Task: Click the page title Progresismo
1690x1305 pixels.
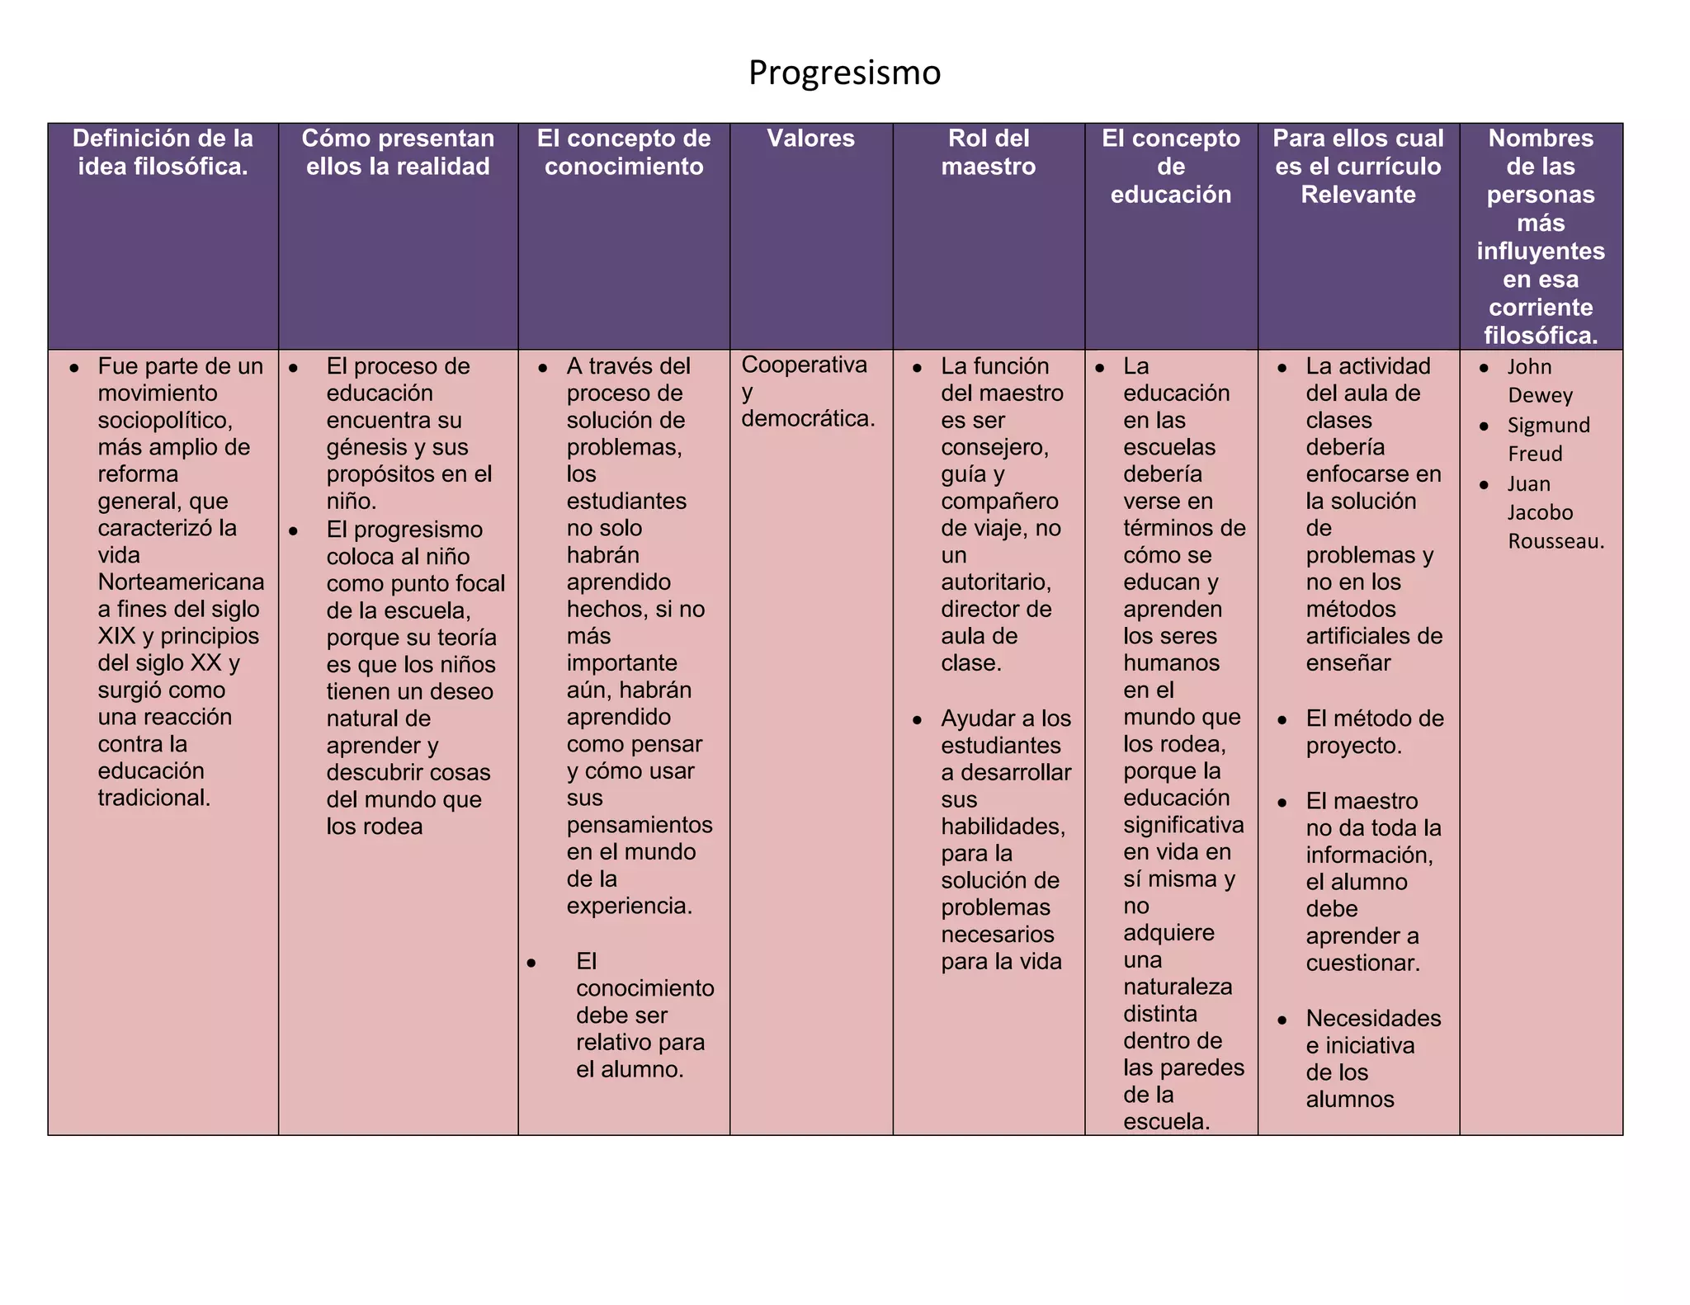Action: point(844,73)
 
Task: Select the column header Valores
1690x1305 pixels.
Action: point(810,138)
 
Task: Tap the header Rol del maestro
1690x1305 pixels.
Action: point(989,152)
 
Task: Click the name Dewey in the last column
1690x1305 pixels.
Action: point(1540,395)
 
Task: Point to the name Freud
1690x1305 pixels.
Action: point(1535,454)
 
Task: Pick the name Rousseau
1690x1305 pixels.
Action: point(1555,541)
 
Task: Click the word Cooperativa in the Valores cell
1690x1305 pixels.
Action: point(804,365)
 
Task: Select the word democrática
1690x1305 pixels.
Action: point(807,419)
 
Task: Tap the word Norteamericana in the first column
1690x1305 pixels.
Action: point(181,582)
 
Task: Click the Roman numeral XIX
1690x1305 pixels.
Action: point(116,636)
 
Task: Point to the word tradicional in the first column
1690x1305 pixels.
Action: point(153,798)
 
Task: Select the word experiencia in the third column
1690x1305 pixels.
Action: point(629,906)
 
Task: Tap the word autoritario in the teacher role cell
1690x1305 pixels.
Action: point(995,582)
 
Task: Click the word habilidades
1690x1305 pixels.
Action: point(1003,827)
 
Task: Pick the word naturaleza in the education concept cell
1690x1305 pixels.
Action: point(1178,987)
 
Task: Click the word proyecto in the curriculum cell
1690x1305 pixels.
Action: point(1353,746)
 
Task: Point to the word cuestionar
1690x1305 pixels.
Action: point(1362,963)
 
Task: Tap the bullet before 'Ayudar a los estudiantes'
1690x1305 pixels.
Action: point(917,720)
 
